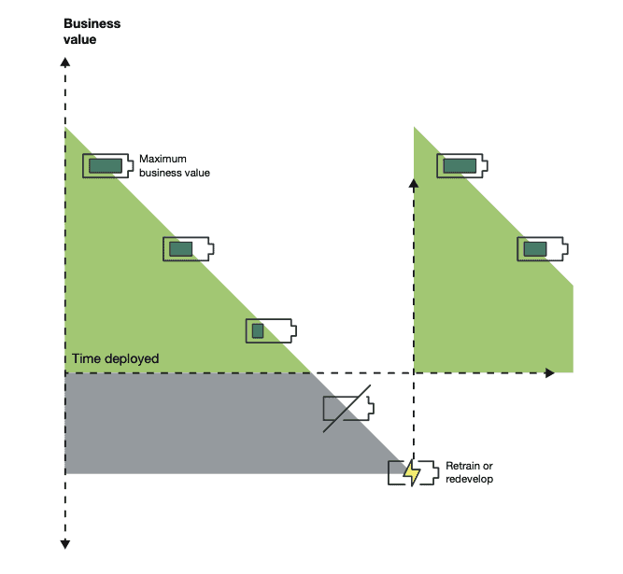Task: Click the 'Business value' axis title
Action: coord(92,32)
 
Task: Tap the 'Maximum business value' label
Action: coord(175,165)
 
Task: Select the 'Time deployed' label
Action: coord(116,358)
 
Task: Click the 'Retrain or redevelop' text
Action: coord(469,472)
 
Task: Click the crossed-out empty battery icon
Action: coord(347,408)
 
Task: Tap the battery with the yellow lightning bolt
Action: coord(413,472)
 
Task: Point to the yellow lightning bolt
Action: coord(411,473)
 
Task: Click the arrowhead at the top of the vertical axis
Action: coord(64,62)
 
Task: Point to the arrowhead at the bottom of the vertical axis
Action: coord(64,545)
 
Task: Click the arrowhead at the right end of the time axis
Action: coord(549,372)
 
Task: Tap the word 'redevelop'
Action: coord(469,479)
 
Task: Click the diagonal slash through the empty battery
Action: coord(347,408)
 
